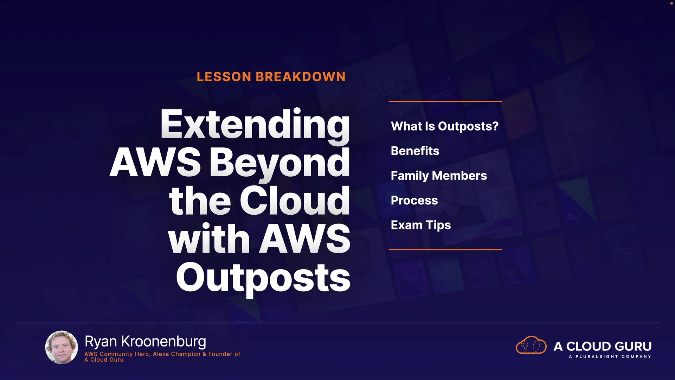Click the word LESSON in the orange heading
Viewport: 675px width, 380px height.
click(x=224, y=77)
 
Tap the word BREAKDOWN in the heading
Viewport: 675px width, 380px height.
click(x=301, y=77)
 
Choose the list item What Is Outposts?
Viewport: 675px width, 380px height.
click(x=445, y=126)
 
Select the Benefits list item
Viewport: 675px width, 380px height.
click(x=415, y=151)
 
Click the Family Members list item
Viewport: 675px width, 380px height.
click(x=439, y=176)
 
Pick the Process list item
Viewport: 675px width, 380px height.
click(x=414, y=200)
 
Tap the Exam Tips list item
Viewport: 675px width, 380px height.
click(x=421, y=225)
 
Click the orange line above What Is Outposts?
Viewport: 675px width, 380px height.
click(x=445, y=101)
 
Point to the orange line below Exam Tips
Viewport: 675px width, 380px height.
click(x=445, y=249)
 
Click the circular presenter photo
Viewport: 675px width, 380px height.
click(x=62, y=347)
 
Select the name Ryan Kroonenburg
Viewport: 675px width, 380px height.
click(x=145, y=342)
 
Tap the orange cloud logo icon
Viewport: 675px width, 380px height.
click(x=531, y=345)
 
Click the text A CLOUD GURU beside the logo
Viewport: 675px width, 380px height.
click(x=603, y=346)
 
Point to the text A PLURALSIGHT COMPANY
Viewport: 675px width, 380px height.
click(x=610, y=356)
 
